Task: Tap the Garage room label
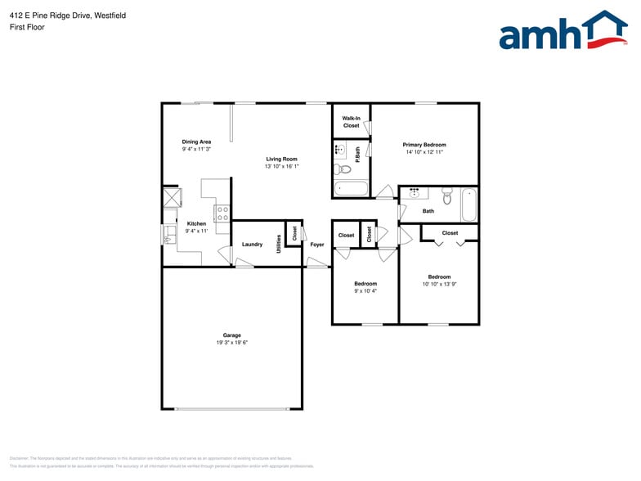(x=232, y=335)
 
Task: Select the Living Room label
(x=281, y=159)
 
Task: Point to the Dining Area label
(x=196, y=142)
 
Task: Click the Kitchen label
(x=196, y=223)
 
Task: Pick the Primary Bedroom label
(x=424, y=145)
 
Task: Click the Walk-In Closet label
(x=351, y=122)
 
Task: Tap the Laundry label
(x=252, y=245)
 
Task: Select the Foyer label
(x=317, y=245)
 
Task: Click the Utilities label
(x=279, y=244)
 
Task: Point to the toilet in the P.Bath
(x=343, y=169)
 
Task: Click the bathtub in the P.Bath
(x=352, y=189)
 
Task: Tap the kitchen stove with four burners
(x=222, y=214)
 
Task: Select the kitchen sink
(x=169, y=236)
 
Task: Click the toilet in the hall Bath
(x=446, y=197)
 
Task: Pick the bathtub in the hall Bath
(x=468, y=205)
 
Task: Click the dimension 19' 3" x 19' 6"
(x=232, y=343)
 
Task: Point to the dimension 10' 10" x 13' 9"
(x=439, y=284)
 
